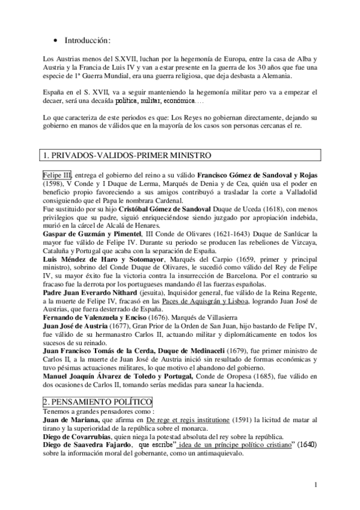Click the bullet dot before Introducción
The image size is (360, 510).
(x=55, y=41)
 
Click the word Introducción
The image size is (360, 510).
(x=88, y=41)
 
